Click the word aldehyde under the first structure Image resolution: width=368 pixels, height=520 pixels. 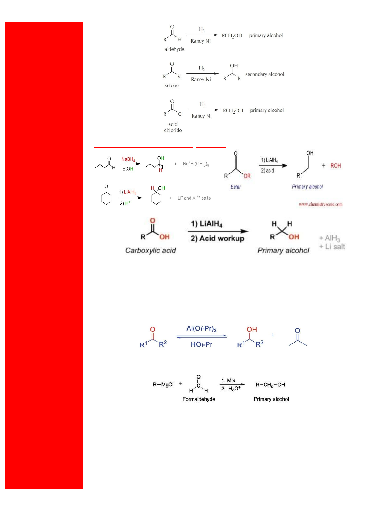pos(174,49)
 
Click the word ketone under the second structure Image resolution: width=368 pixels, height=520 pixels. pos(171,85)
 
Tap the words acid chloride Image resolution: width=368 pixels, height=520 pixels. pos(173,127)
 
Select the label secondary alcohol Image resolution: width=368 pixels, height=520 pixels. pos(265,74)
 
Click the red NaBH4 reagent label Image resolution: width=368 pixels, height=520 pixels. pos(128,159)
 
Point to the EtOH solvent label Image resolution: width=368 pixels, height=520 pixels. pos(128,169)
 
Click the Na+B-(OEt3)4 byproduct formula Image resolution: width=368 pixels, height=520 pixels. pos(196,164)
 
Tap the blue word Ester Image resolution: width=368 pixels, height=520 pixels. pos(236,187)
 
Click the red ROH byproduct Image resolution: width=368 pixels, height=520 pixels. pos(336,166)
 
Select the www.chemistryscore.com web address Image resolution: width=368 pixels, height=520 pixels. pos(321,204)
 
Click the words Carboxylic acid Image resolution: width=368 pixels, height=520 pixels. pos(150,251)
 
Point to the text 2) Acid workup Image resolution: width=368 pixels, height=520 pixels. pos(217,239)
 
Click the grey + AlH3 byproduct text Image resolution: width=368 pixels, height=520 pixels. pos(329,238)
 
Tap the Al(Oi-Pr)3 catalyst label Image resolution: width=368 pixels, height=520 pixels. pos(202,329)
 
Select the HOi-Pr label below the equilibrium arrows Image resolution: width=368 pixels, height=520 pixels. pos(202,344)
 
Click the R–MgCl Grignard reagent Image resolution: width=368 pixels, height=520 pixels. pos(163,385)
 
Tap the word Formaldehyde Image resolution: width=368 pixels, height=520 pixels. pos(199,399)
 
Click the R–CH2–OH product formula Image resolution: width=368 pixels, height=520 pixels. pos(270,385)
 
